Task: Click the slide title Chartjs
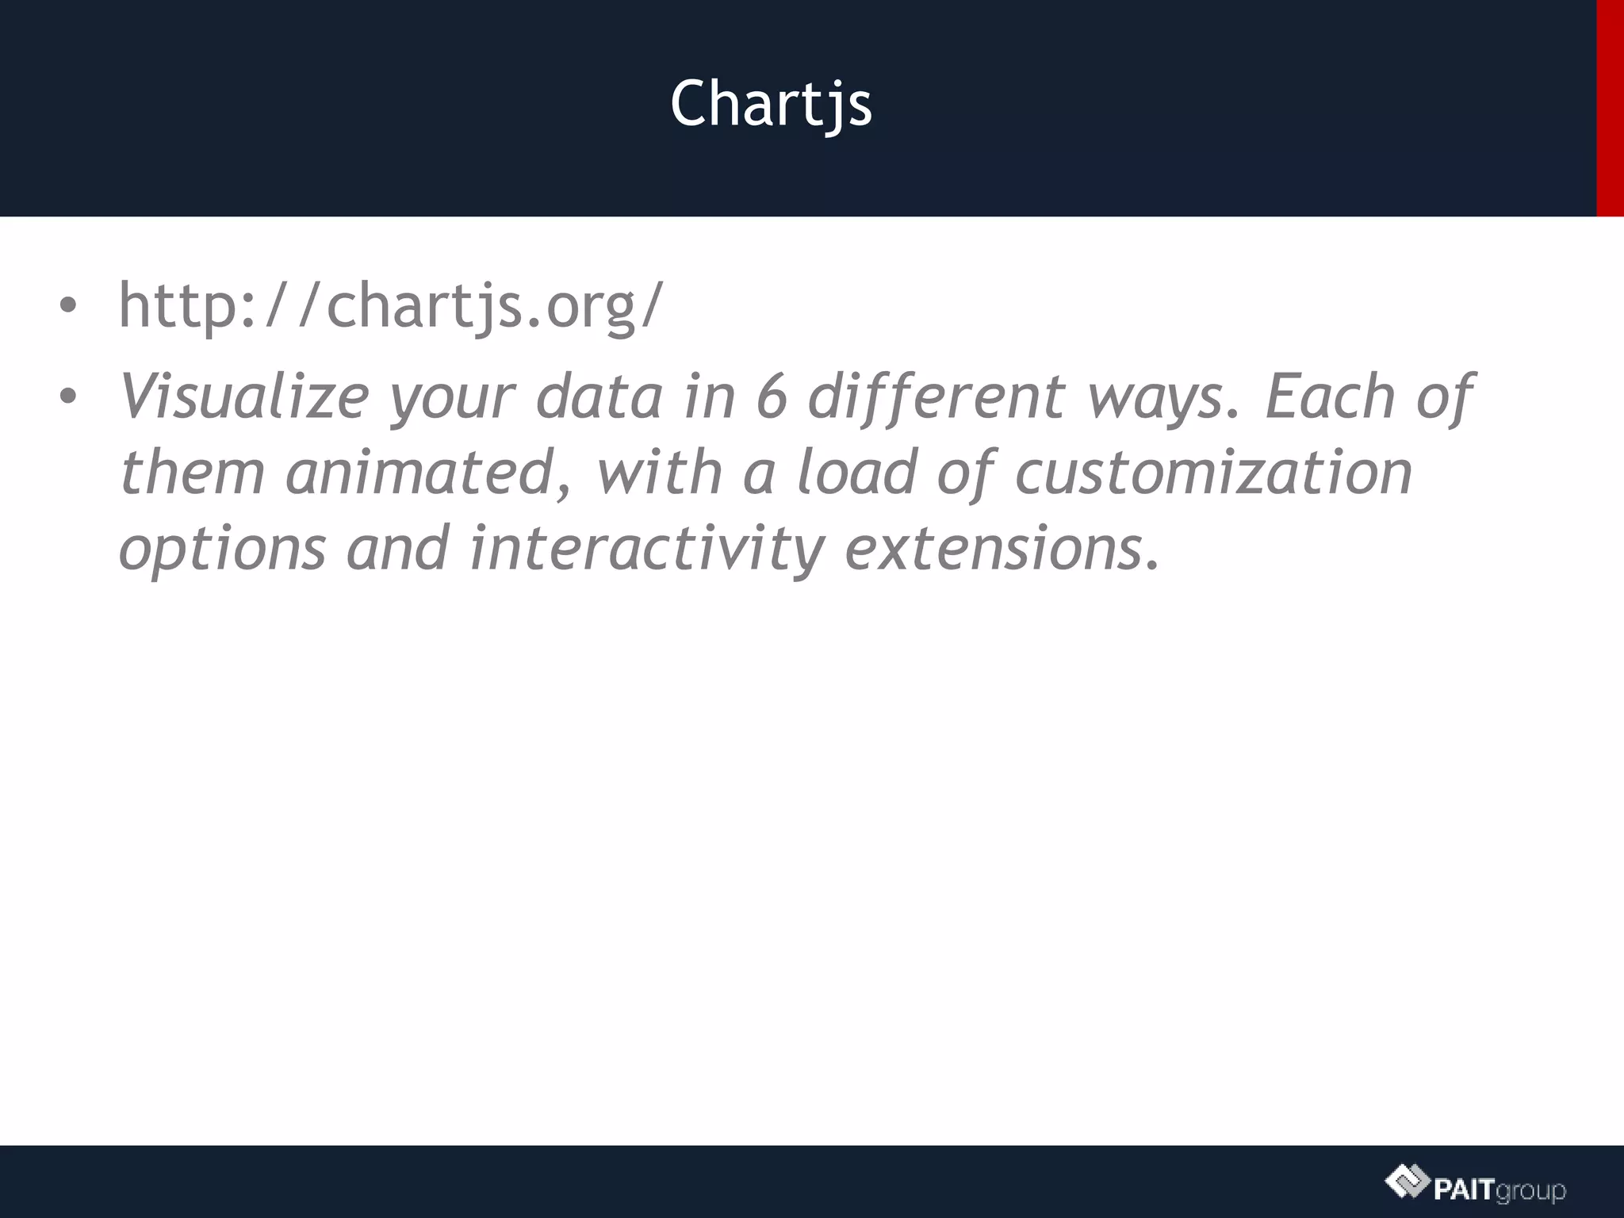click(771, 105)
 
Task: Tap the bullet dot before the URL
click(68, 306)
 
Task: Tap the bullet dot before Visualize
click(68, 396)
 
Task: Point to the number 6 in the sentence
click(771, 396)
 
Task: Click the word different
click(936, 396)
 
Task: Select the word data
click(599, 396)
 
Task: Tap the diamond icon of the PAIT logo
click(1408, 1183)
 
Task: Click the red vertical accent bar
click(1610, 108)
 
